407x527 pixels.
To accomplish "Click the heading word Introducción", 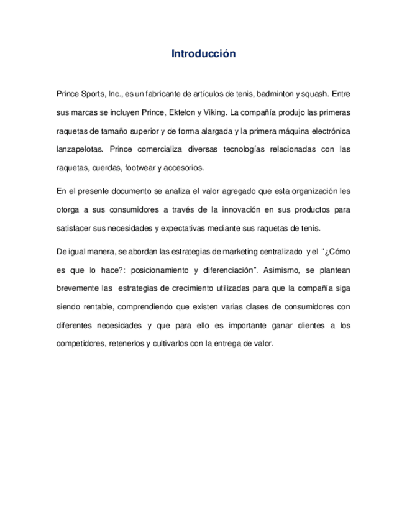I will click(203, 54).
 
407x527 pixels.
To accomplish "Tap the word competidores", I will click(80, 344).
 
